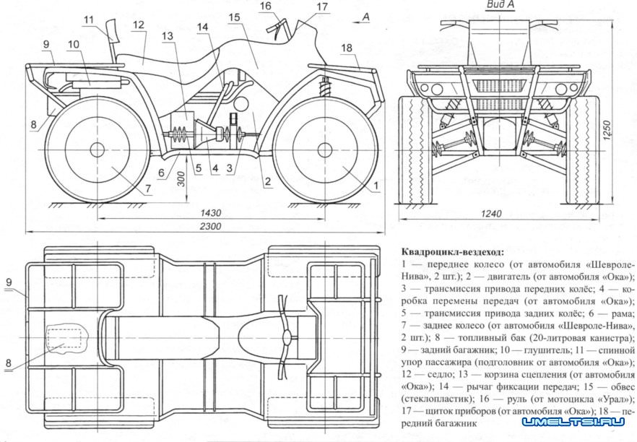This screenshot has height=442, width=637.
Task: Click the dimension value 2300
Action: pyautogui.click(x=212, y=226)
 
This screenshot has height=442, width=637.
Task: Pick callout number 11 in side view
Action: pyautogui.click(x=89, y=19)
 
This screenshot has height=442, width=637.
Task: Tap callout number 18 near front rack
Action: pyautogui.click(x=347, y=48)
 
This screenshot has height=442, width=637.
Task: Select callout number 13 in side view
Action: pyautogui.click(x=168, y=36)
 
